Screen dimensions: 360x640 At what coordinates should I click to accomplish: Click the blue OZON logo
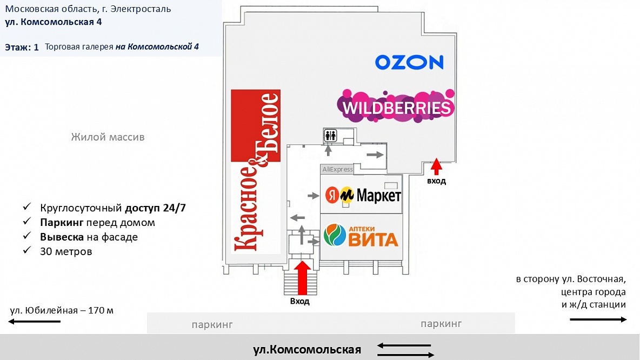(x=409, y=62)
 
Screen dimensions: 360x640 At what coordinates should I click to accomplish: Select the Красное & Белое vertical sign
(x=256, y=171)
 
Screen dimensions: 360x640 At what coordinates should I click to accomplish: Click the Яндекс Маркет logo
(x=363, y=195)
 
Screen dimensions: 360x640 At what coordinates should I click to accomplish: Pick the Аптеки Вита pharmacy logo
(x=361, y=236)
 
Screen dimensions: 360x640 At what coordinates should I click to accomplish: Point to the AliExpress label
(x=337, y=169)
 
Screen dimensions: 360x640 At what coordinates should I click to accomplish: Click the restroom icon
(x=330, y=136)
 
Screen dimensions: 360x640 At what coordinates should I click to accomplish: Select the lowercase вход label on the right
(x=436, y=181)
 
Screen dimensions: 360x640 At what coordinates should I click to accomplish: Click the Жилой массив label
(x=108, y=137)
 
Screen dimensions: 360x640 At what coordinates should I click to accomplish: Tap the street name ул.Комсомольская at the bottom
(x=306, y=349)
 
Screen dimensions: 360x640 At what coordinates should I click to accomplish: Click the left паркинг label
(x=212, y=325)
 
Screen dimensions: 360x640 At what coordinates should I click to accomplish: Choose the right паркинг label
(x=441, y=324)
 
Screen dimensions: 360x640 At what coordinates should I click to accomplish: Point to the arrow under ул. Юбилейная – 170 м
(x=35, y=321)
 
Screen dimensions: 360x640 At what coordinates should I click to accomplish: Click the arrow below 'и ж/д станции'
(x=598, y=319)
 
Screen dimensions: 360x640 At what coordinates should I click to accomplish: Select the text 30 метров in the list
(x=66, y=251)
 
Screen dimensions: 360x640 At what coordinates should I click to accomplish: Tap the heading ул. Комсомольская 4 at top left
(x=54, y=22)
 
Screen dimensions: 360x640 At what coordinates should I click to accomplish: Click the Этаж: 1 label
(x=22, y=47)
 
